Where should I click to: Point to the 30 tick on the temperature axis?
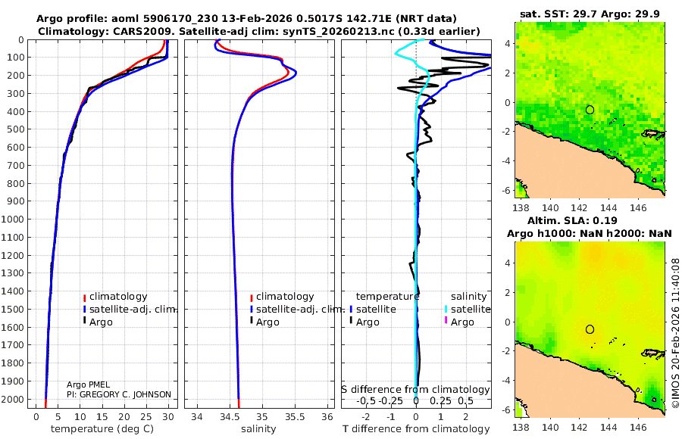tap(168, 416)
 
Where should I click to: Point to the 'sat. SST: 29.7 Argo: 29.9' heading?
tap(589, 14)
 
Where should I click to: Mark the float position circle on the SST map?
tap(590, 110)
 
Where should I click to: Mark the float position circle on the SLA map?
tap(590, 329)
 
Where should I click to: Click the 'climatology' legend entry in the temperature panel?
tap(118, 297)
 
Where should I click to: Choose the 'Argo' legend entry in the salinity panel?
tap(268, 322)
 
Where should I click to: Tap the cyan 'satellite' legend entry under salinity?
tap(468, 309)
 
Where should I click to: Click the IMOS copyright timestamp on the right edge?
tap(676, 333)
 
